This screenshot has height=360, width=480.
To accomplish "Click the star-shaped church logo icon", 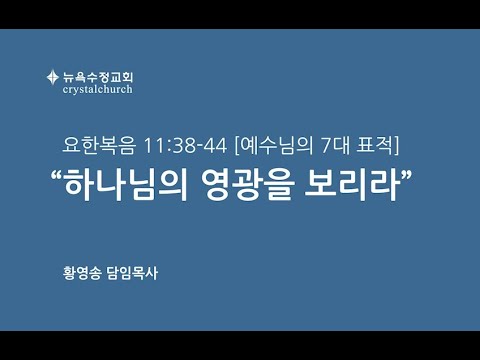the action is tap(53, 77).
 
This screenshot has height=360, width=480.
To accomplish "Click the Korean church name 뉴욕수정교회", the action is tap(98, 77).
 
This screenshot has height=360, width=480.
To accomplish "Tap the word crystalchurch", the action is tap(97, 89).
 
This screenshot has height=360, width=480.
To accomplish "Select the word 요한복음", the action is tap(99, 146).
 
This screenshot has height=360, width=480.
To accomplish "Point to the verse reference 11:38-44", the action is tap(185, 146).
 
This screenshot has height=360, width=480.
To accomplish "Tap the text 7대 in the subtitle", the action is tap(335, 146).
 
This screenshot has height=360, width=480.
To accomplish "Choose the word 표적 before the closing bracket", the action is tap(375, 146).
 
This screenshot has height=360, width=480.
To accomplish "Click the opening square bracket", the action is tap(237, 146).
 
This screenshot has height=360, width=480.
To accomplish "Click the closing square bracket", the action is tap(396, 146).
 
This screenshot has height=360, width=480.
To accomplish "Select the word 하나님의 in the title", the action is tap(126, 185).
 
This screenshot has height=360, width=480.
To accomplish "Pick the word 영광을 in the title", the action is tap(248, 185).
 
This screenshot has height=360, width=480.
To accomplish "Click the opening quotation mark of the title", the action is tap(56, 175).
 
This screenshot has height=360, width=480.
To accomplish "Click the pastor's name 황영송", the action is tap(82, 273).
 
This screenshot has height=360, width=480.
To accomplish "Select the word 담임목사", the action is tap(132, 273).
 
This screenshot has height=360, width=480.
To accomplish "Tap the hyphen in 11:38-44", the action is tap(199, 148).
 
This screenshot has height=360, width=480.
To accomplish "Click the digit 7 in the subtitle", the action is tap(326, 146).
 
